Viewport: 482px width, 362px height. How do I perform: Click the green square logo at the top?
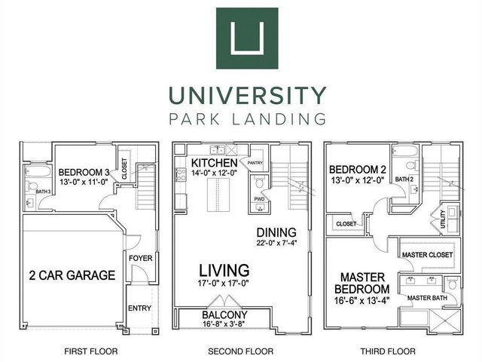(x=247, y=38)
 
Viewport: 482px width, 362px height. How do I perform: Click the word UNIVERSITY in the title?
(x=247, y=96)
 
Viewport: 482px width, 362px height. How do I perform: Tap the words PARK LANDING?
(x=247, y=118)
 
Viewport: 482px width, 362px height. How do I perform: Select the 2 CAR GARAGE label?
(x=73, y=275)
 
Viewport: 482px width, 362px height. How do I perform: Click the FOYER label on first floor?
(x=141, y=257)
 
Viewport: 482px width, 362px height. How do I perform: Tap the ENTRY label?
(x=140, y=308)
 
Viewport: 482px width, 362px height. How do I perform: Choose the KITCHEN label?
(x=215, y=163)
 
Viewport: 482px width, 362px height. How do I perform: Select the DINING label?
(x=276, y=232)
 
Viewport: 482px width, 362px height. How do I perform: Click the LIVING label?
(x=224, y=270)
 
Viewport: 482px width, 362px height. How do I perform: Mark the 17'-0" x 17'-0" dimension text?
(x=224, y=284)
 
